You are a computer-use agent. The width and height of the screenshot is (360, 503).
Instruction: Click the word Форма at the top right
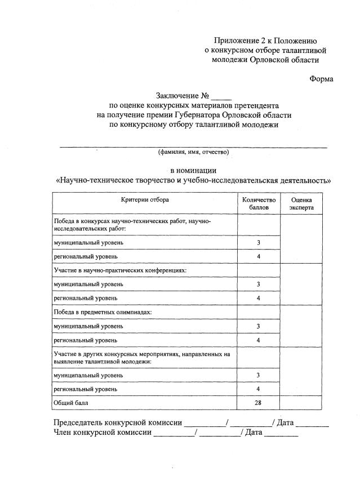point(321,79)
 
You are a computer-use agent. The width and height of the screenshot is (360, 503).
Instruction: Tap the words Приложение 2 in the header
point(238,40)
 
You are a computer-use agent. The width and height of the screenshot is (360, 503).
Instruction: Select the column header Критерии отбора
point(145,199)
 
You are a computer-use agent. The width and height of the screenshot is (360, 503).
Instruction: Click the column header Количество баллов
point(259,203)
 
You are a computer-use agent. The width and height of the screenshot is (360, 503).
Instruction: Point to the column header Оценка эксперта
point(301,203)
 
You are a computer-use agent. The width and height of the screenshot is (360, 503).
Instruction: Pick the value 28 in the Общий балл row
point(258,403)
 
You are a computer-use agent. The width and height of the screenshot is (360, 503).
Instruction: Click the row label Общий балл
point(70,403)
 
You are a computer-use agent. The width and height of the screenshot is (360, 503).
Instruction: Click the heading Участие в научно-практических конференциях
point(119,270)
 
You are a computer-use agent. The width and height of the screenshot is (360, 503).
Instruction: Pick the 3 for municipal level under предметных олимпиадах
point(258,326)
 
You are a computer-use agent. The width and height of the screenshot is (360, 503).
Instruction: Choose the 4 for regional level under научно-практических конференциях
point(258,298)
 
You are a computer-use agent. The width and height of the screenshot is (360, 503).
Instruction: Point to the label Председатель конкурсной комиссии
point(118,422)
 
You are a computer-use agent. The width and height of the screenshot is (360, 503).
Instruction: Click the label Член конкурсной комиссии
point(103,433)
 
